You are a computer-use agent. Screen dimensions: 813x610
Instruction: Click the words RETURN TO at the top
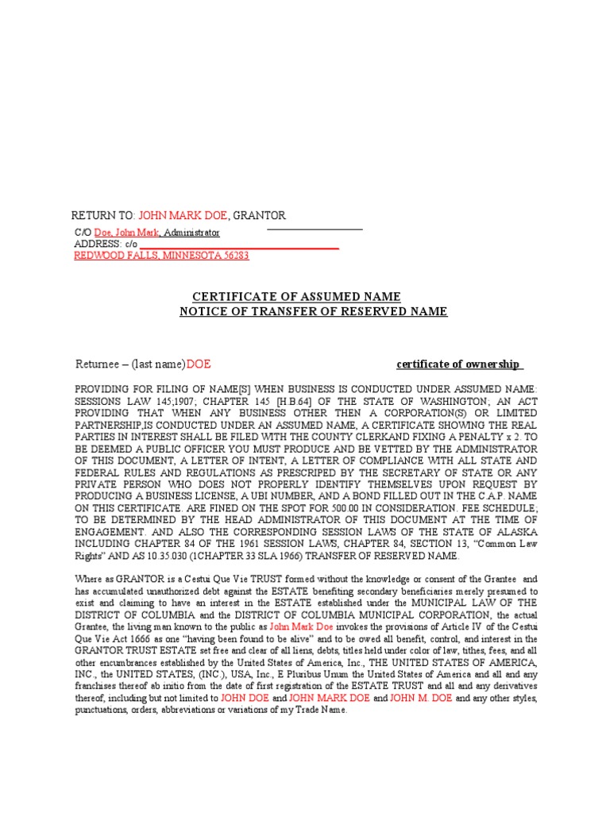[102, 216]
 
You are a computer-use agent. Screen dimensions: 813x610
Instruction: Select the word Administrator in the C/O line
[191, 233]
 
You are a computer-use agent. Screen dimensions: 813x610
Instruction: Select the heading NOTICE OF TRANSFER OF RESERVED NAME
[313, 311]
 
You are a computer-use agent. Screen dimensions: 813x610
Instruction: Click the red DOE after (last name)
[198, 364]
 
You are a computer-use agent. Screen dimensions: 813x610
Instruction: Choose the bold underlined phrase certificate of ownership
[458, 364]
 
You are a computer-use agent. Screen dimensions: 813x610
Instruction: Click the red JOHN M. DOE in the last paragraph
[428, 698]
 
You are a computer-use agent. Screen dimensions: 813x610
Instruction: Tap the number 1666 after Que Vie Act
[123, 639]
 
